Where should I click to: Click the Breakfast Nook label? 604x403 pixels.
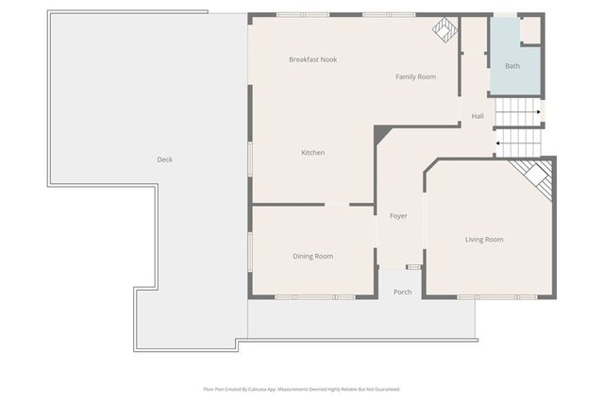click(312, 59)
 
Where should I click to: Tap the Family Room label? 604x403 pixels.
click(415, 76)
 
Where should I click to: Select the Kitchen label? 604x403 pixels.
click(313, 153)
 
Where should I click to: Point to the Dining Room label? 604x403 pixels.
click(312, 256)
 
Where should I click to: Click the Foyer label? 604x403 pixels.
click(398, 216)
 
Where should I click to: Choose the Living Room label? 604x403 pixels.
click(484, 240)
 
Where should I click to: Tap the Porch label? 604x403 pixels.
click(402, 292)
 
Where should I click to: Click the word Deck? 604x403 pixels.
click(164, 160)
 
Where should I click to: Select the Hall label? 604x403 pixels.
click(478, 116)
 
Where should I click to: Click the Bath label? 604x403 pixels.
click(512, 66)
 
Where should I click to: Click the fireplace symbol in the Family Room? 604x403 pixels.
click(444, 29)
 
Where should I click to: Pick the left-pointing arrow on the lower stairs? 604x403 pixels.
click(498, 143)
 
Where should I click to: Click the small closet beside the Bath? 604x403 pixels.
click(530, 29)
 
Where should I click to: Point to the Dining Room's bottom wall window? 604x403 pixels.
click(315, 297)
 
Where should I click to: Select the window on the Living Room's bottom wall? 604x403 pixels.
click(496, 297)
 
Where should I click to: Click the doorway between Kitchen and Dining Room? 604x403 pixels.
click(336, 204)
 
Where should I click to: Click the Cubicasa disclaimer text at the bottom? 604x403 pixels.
click(301, 389)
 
